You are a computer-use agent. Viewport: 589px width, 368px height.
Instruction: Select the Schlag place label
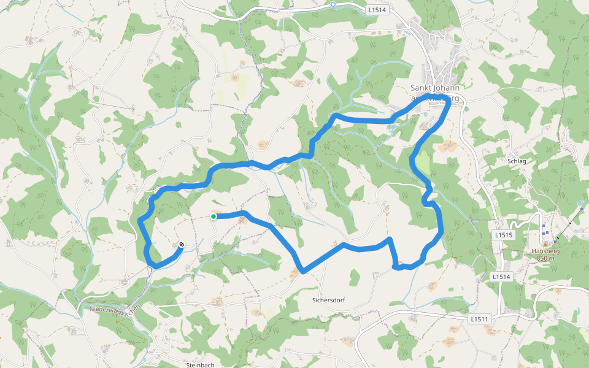pyautogui.click(x=517, y=161)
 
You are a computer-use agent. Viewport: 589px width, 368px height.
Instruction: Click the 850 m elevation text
pyautogui.click(x=545, y=258)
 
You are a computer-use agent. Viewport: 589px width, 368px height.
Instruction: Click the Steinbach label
pyautogui.click(x=200, y=365)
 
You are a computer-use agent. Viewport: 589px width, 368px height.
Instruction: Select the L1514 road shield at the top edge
pyautogui.click(x=376, y=10)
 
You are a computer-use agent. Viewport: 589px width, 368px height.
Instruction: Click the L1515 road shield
pyautogui.click(x=502, y=235)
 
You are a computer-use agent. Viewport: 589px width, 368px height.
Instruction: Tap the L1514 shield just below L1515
pyautogui.click(x=501, y=277)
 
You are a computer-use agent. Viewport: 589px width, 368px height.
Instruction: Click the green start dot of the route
pyautogui.click(x=214, y=217)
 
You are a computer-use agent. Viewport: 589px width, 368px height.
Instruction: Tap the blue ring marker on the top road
pyautogui.click(x=333, y=4)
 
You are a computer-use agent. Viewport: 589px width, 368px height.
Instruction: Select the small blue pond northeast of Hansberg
pyautogui.click(x=580, y=202)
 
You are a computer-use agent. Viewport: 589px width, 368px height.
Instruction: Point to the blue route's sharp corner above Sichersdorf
pyautogui.click(x=303, y=270)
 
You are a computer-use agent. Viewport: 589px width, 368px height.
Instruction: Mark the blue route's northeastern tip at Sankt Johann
pyautogui.click(x=449, y=101)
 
